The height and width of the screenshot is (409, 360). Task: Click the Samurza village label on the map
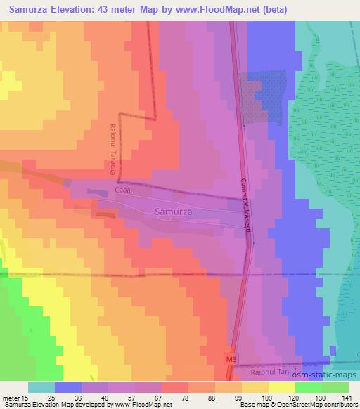coord(172,211)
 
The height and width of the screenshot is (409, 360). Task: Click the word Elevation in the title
coord(77,8)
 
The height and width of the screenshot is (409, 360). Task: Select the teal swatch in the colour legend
coord(41,387)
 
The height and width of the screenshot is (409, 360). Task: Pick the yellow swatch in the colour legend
coord(281,387)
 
